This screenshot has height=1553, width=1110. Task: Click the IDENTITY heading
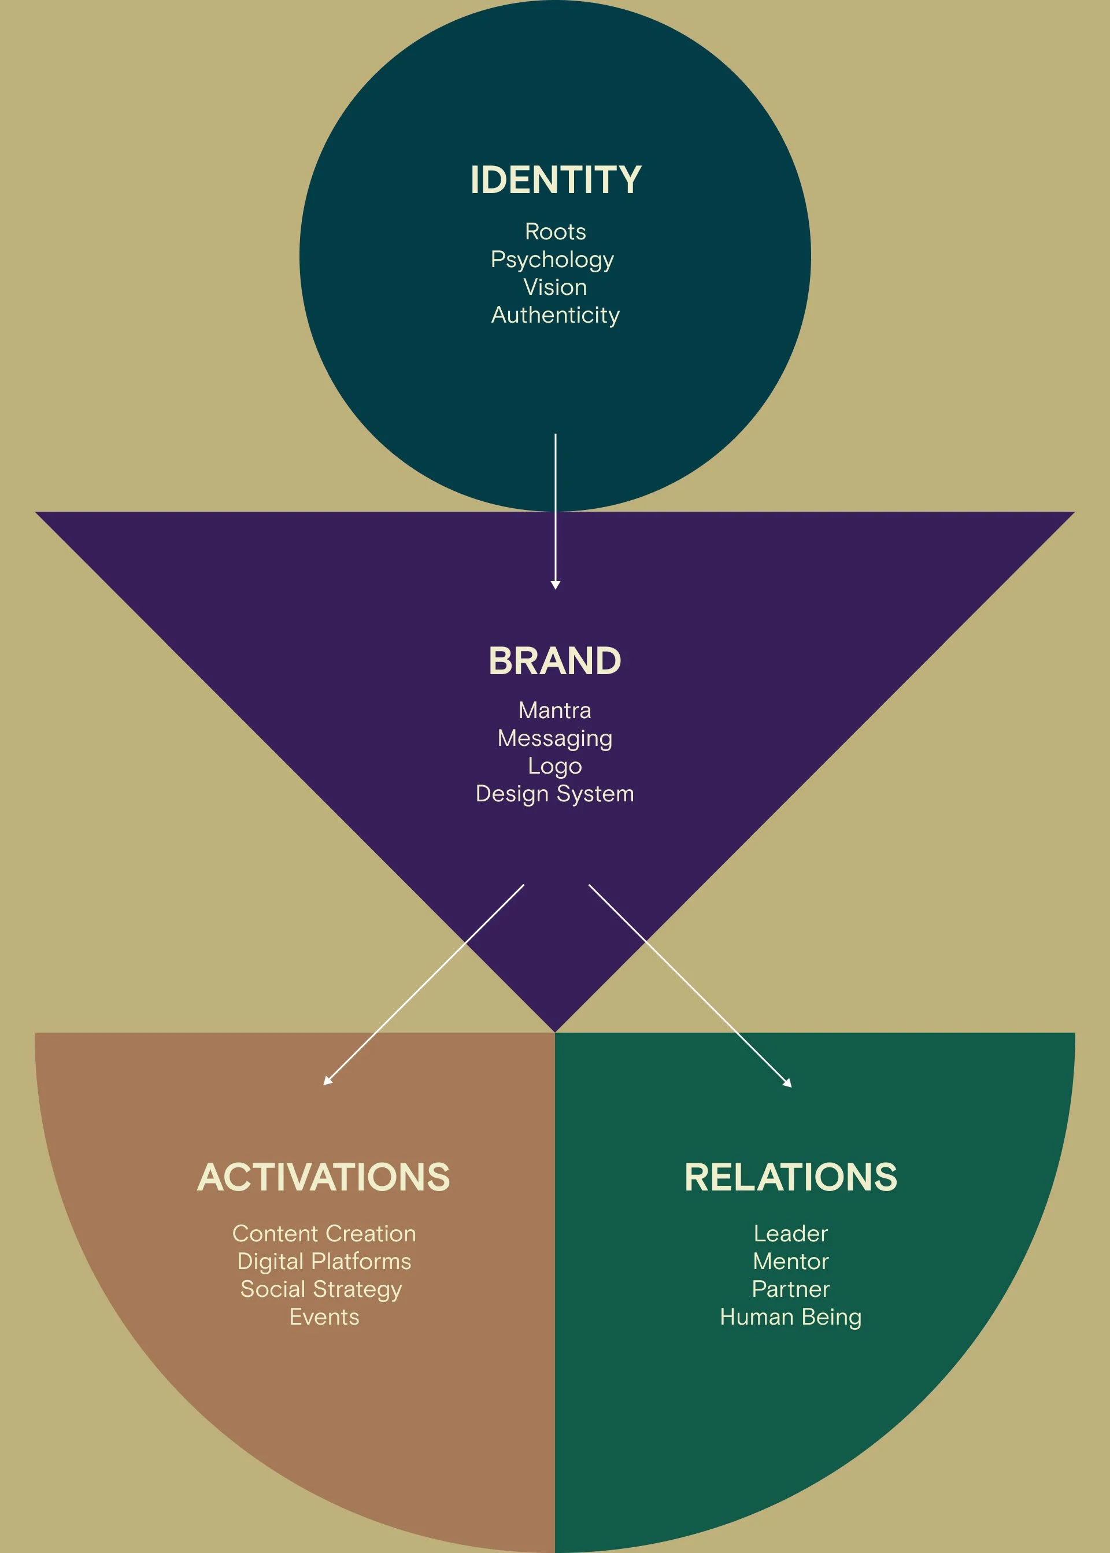555,180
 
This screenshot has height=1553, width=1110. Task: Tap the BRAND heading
554,661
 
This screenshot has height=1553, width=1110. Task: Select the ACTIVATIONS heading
324,1177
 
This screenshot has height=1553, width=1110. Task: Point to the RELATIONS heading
790,1177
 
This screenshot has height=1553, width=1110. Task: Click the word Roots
555,232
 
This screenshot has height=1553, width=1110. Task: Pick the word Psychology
552,260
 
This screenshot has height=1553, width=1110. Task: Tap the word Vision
555,287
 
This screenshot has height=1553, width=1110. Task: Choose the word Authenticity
555,315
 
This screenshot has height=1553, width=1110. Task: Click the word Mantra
554,710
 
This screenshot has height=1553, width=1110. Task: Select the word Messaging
554,738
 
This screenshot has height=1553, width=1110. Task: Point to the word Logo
554,766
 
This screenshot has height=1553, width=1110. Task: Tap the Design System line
554,794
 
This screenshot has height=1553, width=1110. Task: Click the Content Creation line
324,1233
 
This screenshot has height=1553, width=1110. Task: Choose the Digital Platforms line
324,1261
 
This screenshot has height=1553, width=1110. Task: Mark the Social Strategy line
321,1289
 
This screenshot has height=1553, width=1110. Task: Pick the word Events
324,1317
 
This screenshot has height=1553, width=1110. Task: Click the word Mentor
790,1261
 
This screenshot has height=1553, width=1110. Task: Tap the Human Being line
790,1317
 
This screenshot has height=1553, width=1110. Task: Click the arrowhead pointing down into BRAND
556,585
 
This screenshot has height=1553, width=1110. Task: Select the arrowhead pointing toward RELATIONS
787,1083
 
